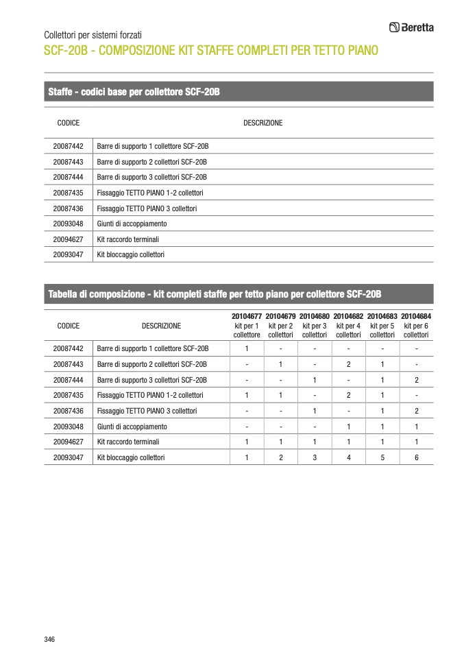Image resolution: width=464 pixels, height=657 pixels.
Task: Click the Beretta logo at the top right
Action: (x=411, y=27)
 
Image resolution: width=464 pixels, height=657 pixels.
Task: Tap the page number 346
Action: (x=49, y=639)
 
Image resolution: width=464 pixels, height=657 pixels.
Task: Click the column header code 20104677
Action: (x=247, y=316)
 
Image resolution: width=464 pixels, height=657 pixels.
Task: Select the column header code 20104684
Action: (x=416, y=316)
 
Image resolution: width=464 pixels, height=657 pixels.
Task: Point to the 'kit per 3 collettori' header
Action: (x=315, y=330)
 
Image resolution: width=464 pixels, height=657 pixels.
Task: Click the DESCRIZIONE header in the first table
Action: (x=262, y=123)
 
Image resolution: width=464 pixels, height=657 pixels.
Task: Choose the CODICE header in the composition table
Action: (x=69, y=326)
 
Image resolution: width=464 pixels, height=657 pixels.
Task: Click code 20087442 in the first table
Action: (x=68, y=146)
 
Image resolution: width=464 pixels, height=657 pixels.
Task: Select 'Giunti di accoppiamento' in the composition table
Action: (x=132, y=427)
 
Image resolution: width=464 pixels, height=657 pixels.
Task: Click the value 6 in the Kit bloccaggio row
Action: (x=417, y=457)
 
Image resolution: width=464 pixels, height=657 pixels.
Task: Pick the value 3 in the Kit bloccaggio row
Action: (x=315, y=457)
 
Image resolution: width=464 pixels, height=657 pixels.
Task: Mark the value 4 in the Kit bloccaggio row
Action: (x=349, y=457)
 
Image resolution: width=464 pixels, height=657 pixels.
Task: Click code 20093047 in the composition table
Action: (x=68, y=457)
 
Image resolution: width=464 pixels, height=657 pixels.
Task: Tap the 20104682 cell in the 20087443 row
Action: (x=349, y=364)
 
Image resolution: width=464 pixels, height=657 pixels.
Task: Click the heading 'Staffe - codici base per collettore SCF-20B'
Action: (x=134, y=92)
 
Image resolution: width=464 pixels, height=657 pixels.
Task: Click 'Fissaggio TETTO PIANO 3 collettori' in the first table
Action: (x=147, y=208)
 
